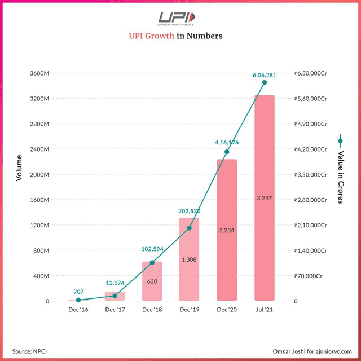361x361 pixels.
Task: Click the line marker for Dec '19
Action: coord(190,228)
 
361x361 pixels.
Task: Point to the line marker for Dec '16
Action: coord(78,300)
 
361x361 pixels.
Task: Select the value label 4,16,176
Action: coord(227,143)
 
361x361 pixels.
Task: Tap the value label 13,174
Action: coord(115,283)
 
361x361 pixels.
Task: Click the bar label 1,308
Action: coord(190,259)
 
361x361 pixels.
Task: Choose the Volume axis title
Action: coord(19,168)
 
